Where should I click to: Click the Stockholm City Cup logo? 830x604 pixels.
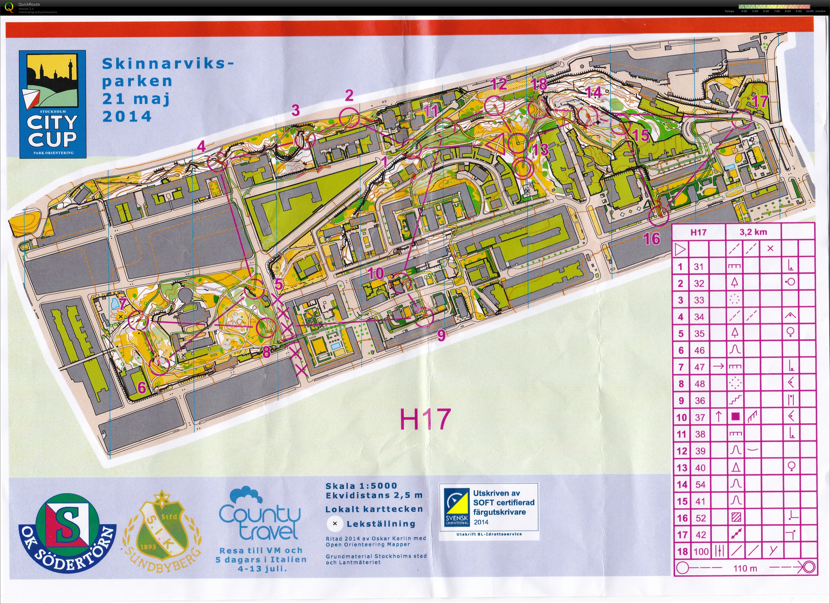(53, 104)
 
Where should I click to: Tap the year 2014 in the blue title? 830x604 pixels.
(127, 116)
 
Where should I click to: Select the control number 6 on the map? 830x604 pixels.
(142, 388)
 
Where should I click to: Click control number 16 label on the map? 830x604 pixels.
(652, 239)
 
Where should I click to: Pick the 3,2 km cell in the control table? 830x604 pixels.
(753, 232)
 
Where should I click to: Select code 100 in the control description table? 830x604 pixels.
(701, 551)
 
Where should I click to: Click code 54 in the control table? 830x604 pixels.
(700, 484)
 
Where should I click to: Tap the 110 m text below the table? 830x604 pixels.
(745, 568)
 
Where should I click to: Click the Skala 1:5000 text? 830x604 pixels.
(361, 486)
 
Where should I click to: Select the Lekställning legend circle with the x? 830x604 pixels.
(335, 523)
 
